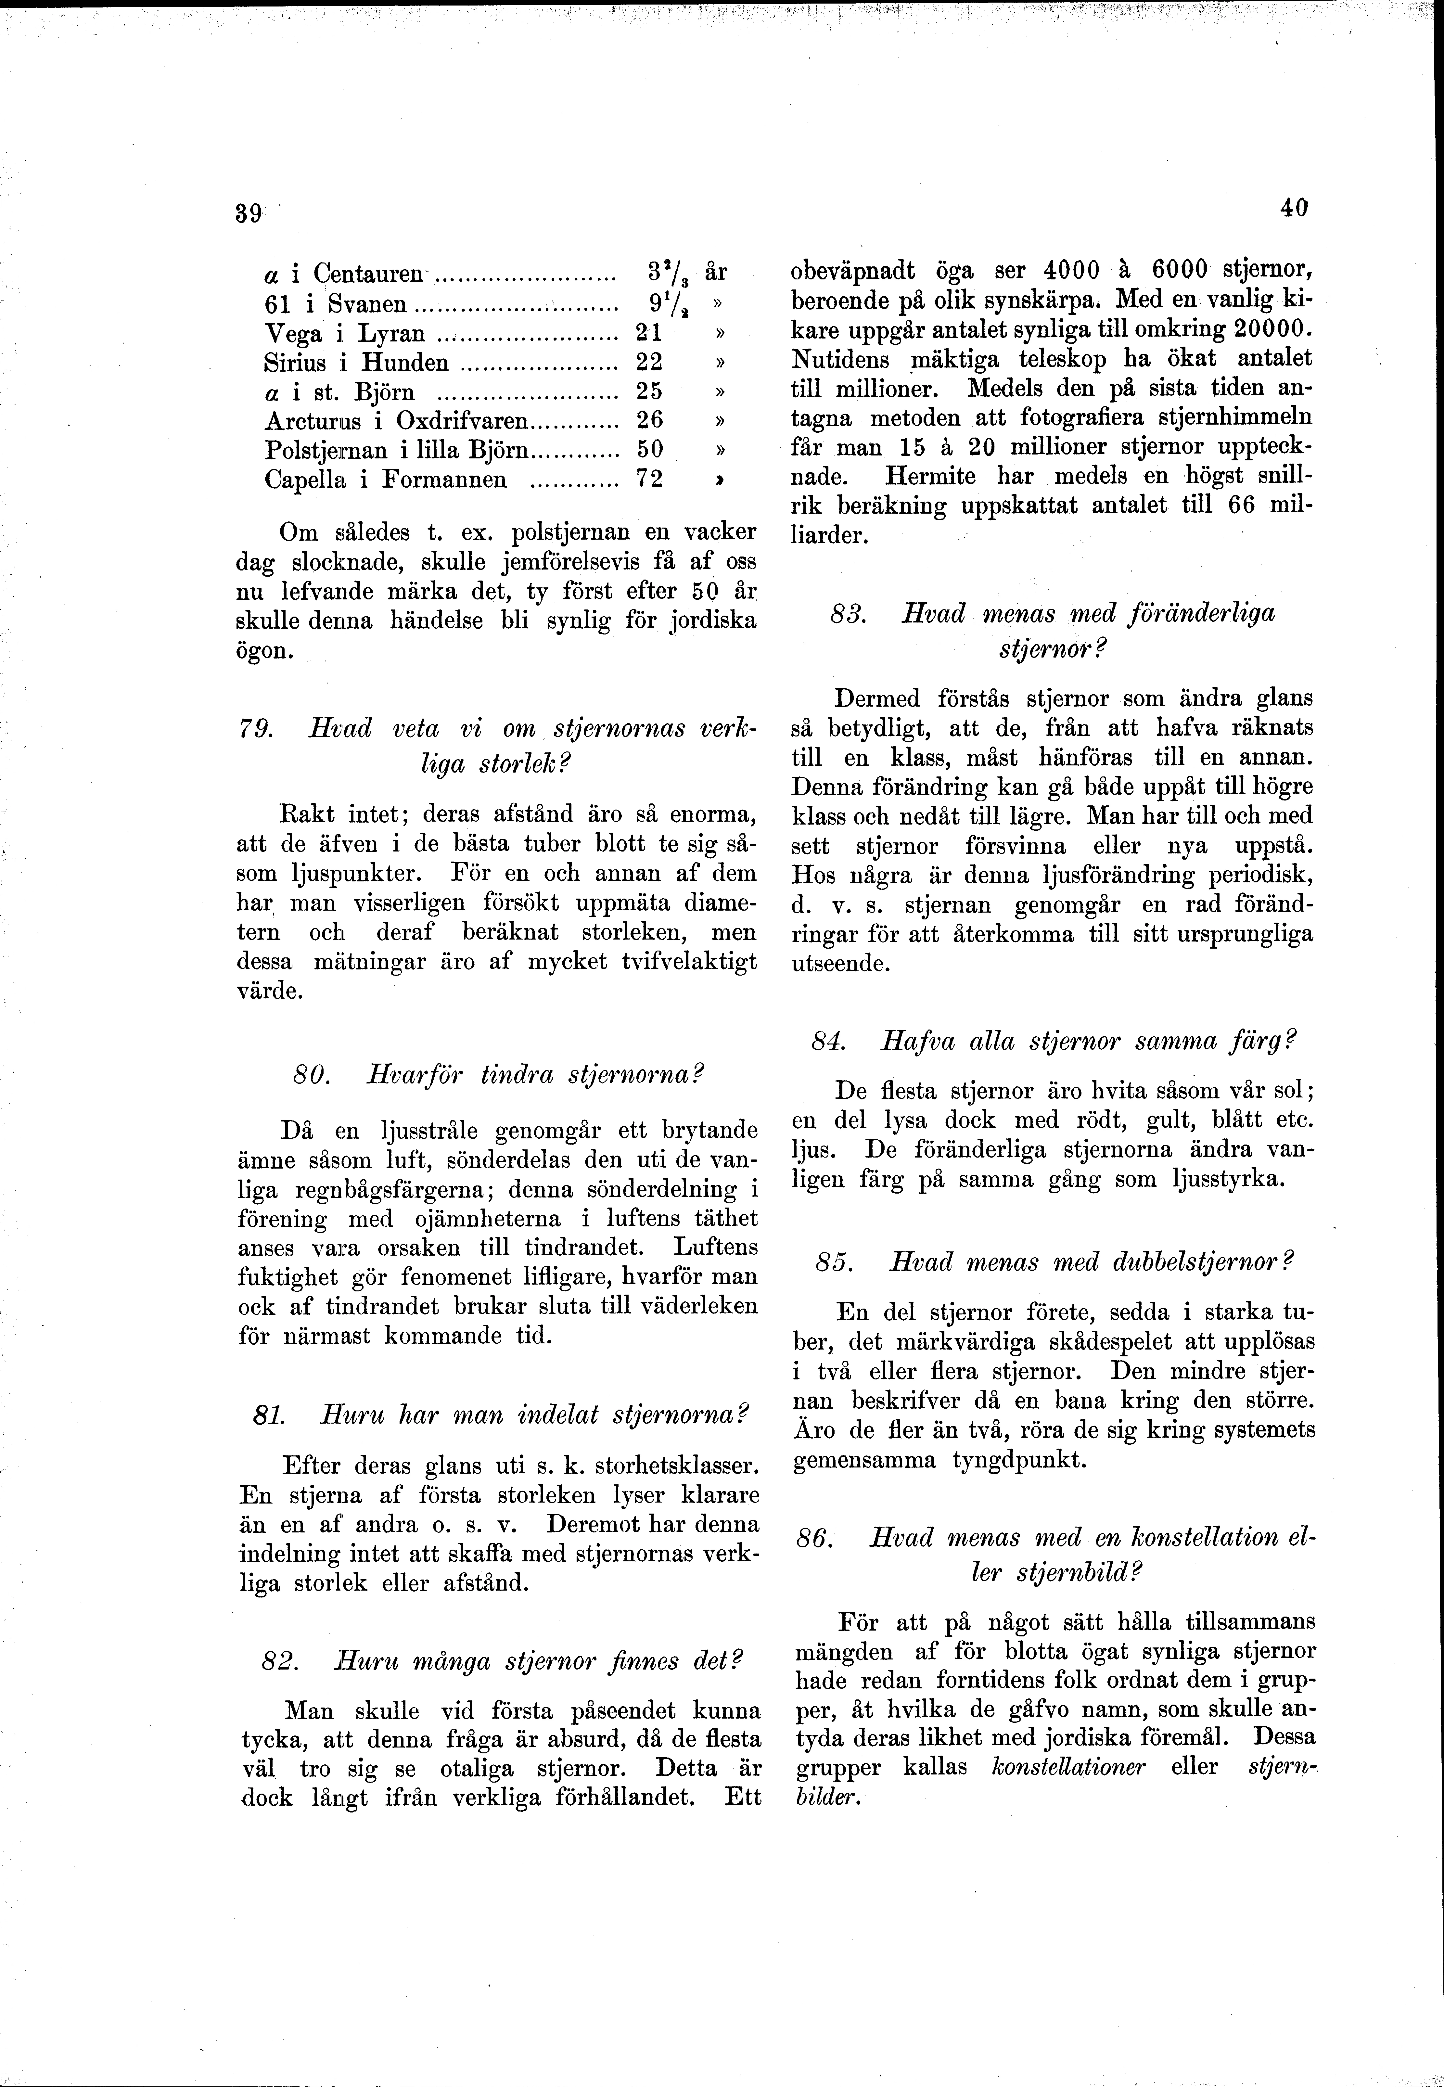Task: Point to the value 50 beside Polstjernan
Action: [650, 450]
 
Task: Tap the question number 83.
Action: [848, 613]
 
